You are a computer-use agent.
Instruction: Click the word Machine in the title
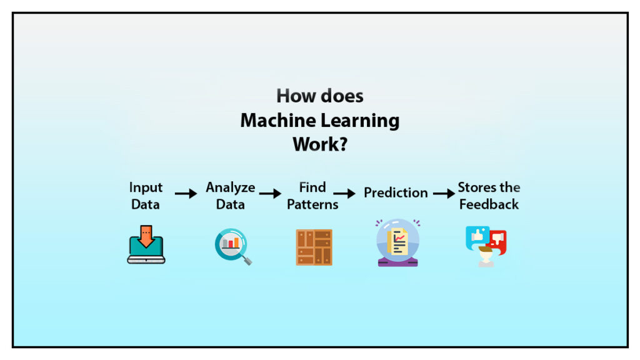[x=275, y=120]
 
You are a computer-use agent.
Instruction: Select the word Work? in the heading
[x=320, y=144]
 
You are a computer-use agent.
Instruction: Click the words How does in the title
[x=320, y=96]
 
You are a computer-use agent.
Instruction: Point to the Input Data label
[x=146, y=196]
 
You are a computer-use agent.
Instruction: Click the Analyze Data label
[x=231, y=196]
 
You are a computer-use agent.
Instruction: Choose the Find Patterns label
[x=312, y=196]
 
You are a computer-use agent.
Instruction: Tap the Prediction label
[x=396, y=192]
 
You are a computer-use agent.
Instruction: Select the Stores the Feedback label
[x=489, y=196]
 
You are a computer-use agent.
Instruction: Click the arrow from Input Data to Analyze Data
[x=186, y=194]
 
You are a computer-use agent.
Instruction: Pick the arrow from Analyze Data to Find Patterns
[x=270, y=194]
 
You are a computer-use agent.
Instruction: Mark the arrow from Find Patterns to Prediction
[x=344, y=194]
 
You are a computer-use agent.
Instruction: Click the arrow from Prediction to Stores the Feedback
[x=444, y=194]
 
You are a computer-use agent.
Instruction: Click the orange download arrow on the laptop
[x=146, y=237]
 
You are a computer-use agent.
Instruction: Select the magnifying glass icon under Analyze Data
[x=232, y=246]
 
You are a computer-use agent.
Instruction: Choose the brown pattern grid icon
[x=314, y=247]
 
